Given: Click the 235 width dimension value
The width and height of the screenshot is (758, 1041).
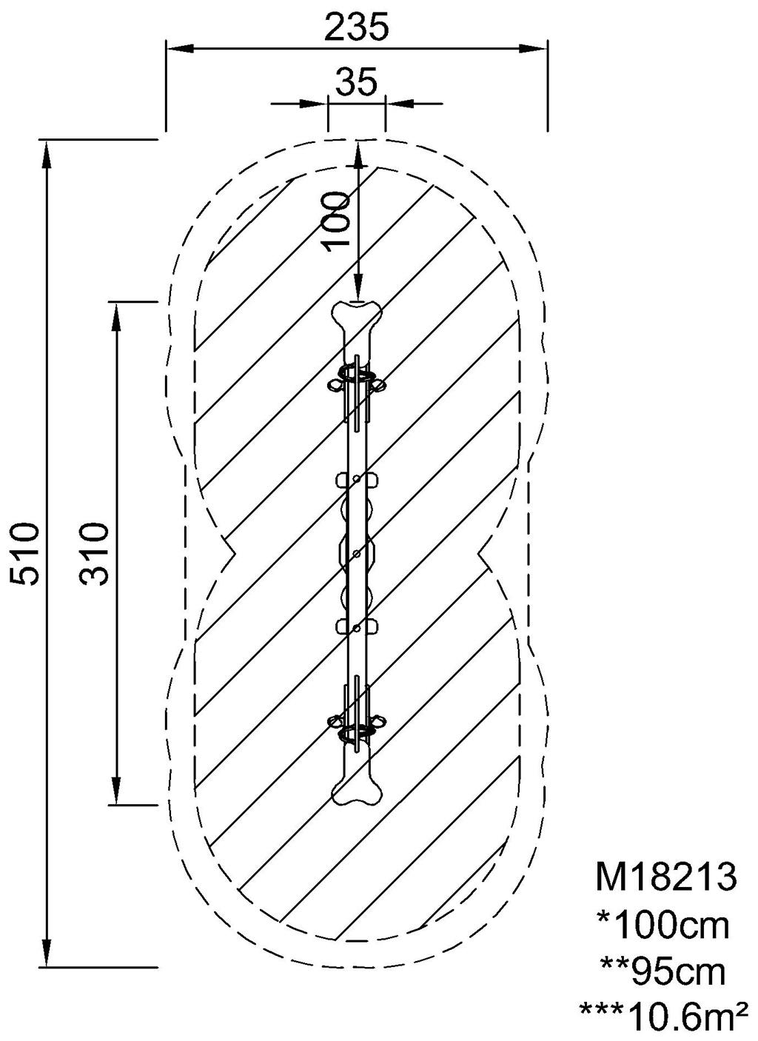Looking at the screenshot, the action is point(356,27).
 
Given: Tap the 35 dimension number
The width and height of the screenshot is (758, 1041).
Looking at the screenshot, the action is point(357,81).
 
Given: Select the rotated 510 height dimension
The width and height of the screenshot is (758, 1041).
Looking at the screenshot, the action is point(24,554).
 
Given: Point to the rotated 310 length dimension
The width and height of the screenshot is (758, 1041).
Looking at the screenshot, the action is point(93,554).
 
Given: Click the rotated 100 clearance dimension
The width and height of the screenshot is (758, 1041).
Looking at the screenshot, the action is point(338,221).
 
